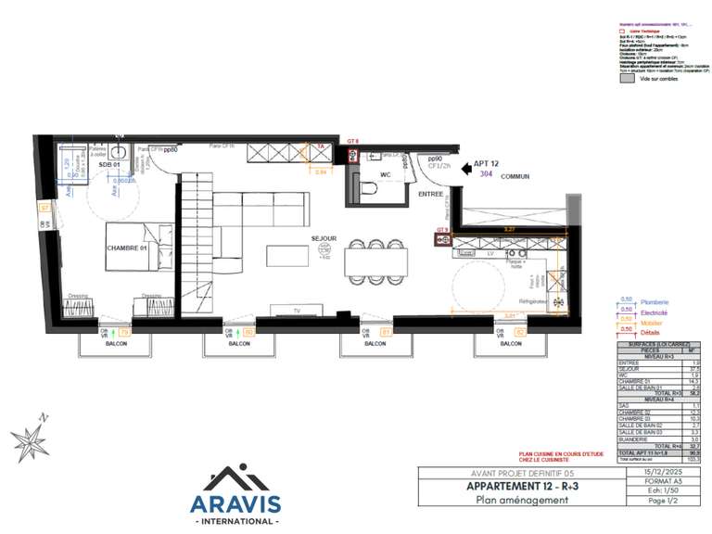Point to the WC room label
pos(386,173)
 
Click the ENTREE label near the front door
pos(429,194)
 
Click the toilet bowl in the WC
pos(370,188)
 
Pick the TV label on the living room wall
pos(297,310)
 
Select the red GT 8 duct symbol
pos(352,154)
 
